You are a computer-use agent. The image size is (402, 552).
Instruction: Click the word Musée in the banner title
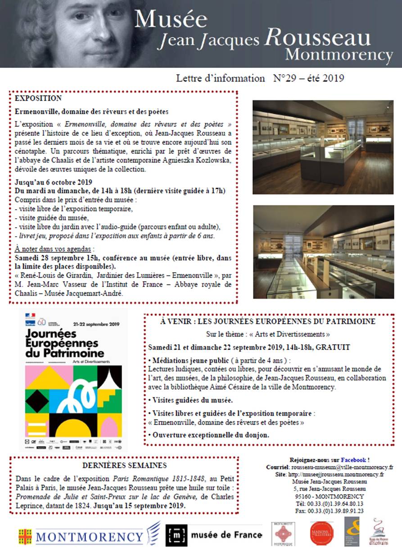pyautogui.click(x=171, y=19)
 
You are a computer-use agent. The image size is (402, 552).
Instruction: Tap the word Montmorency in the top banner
pyautogui.click(x=339, y=55)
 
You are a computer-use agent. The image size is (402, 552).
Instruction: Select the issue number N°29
pyautogui.click(x=286, y=78)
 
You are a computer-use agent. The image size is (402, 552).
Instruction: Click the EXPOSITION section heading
pyautogui.click(x=38, y=98)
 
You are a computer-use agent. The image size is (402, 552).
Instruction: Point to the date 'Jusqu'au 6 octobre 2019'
pyautogui.click(x=53, y=182)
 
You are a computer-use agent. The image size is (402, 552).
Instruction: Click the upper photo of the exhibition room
pyautogui.click(x=323, y=147)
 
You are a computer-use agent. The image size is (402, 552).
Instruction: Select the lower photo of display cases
pyautogui.click(x=323, y=252)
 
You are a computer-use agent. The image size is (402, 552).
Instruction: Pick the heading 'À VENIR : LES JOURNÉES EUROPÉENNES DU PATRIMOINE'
pyautogui.click(x=268, y=322)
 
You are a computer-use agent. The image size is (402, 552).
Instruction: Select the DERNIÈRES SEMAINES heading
pyautogui.click(x=124, y=465)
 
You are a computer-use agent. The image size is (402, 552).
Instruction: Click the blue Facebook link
pyautogui.click(x=353, y=460)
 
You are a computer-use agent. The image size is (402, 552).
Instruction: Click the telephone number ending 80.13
pyautogui.click(x=340, y=504)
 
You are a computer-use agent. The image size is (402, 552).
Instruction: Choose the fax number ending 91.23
pyautogui.click(x=340, y=511)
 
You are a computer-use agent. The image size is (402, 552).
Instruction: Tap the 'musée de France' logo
pyautogui.click(x=214, y=535)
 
